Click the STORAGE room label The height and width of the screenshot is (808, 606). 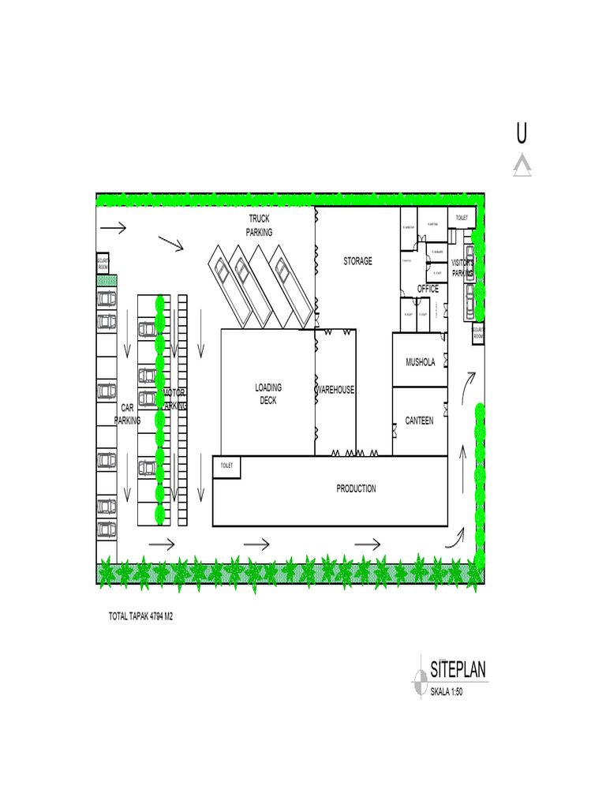click(x=357, y=261)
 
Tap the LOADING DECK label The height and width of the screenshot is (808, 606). click(x=268, y=394)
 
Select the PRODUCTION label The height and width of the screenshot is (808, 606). click(x=356, y=488)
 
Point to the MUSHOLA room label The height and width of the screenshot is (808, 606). click(x=420, y=363)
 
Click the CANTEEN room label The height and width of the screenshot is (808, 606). click(x=419, y=421)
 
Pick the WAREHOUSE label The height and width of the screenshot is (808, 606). click(x=335, y=390)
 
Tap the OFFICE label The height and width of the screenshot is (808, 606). click(x=428, y=289)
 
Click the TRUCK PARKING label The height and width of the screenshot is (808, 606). click(x=259, y=225)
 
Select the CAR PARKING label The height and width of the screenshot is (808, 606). click(x=127, y=414)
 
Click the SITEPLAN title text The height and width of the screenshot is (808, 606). click(x=458, y=671)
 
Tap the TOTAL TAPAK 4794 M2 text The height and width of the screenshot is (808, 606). click(x=140, y=616)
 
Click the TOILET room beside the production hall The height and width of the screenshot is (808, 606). click(x=226, y=466)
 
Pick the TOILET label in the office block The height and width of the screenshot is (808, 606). click(x=461, y=217)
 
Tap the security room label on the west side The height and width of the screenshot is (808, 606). click(x=103, y=264)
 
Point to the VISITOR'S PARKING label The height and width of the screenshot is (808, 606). click(x=462, y=267)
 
